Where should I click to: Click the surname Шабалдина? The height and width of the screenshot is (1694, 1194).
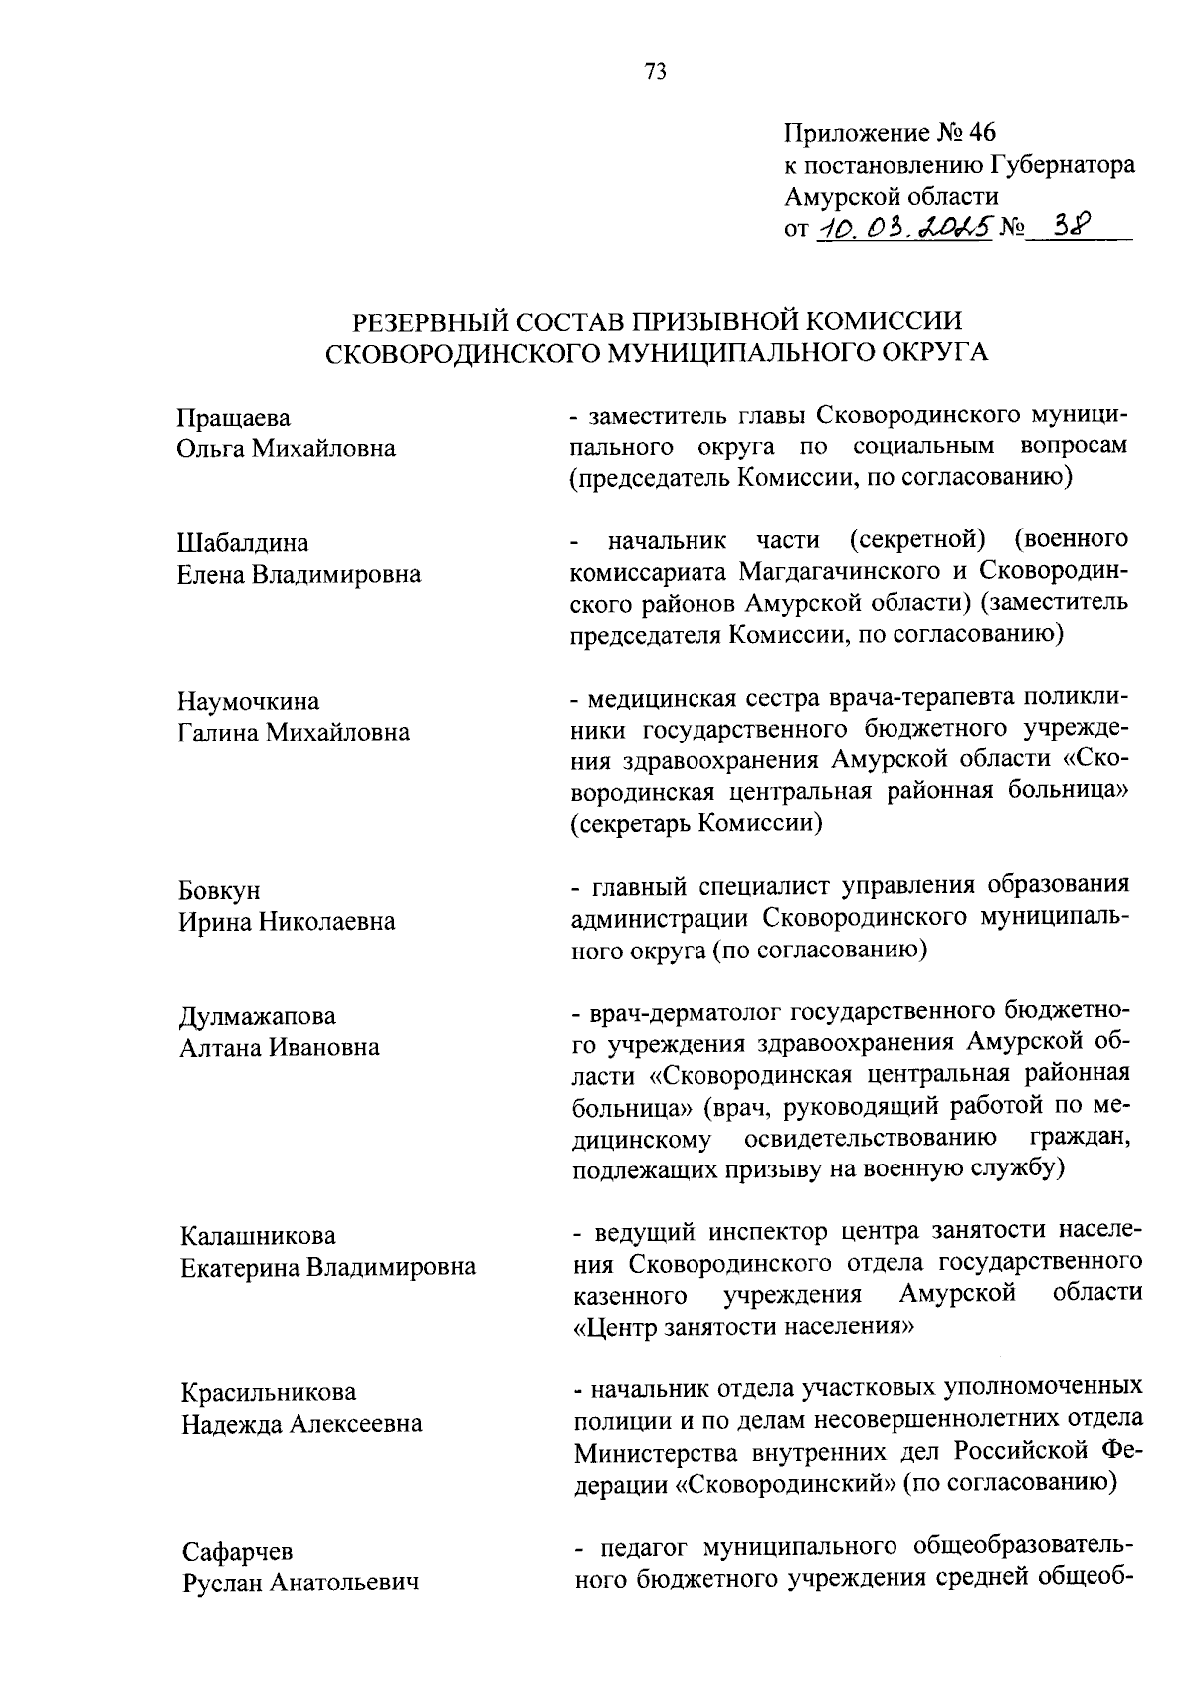pyautogui.click(x=243, y=543)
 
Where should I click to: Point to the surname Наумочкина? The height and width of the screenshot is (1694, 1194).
pyautogui.click(x=249, y=701)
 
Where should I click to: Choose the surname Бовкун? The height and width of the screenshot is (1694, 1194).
pyautogui.click(x=219, y=890)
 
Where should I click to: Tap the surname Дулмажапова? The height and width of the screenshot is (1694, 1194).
pyautogui.click(x=258, y=1016)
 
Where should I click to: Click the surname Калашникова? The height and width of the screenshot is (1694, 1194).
pyautogui.click(x=258, y=1236)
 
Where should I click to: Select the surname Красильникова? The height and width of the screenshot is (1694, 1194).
pyautogui.click(x=268, y=1392)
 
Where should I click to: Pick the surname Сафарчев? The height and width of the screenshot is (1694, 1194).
pyautogui.click(x=238, y=1551)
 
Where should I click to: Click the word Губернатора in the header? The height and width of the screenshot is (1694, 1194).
pyautogui.click(x=1063, y=165)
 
